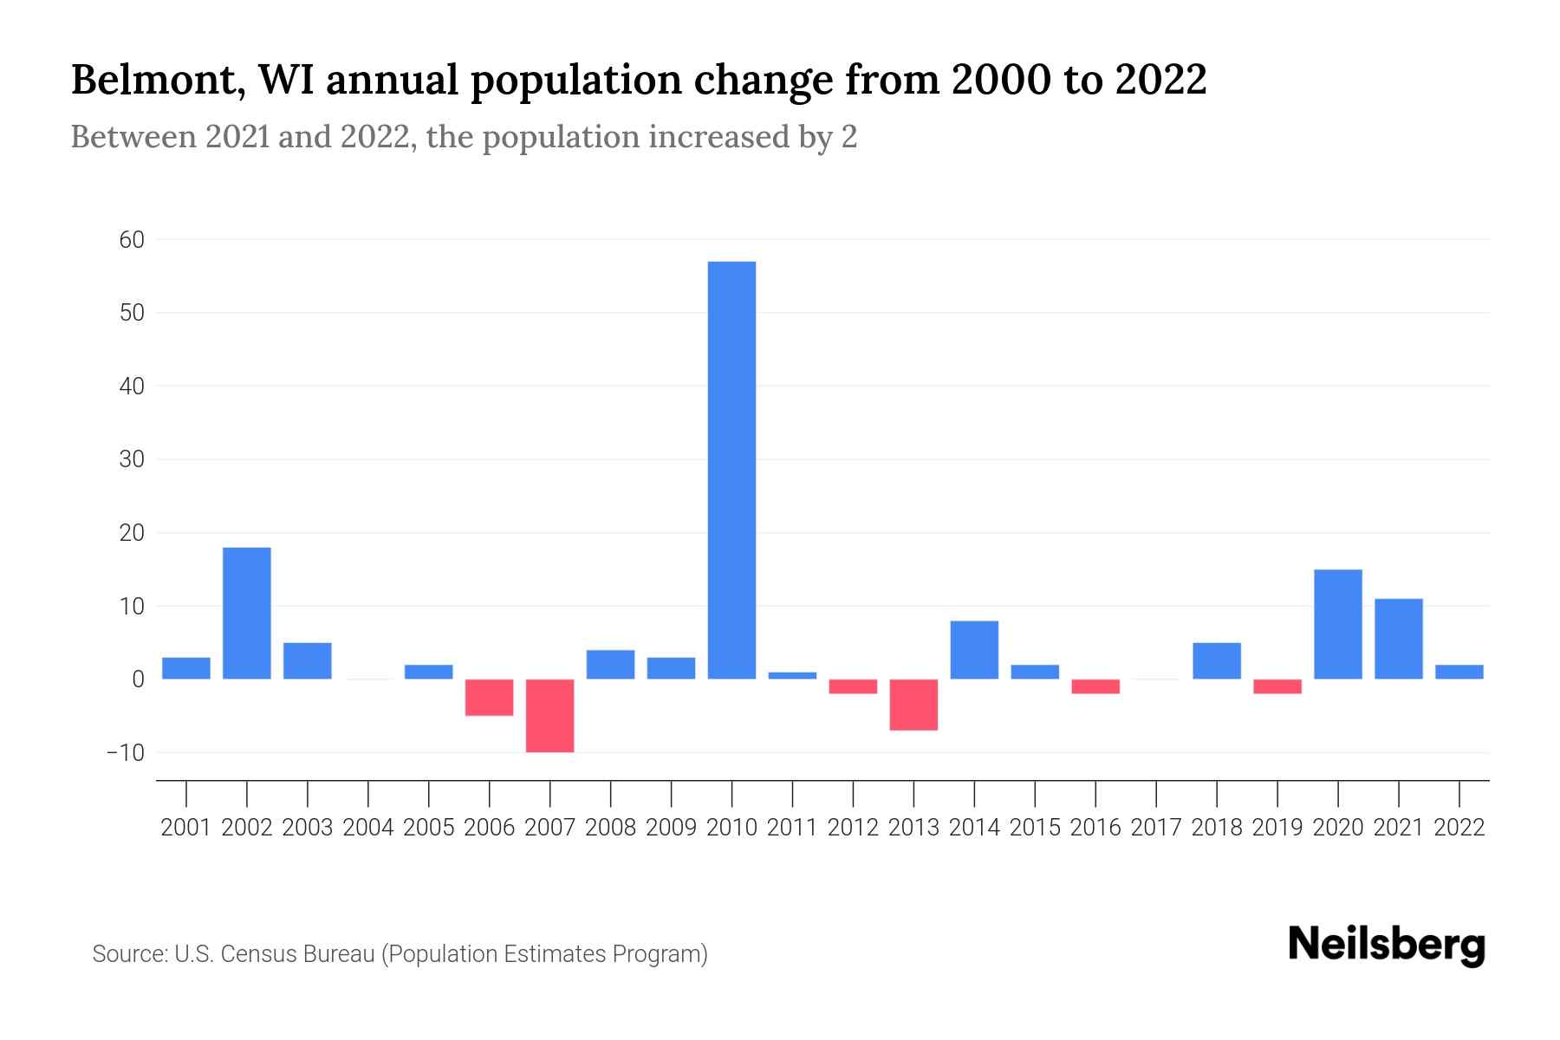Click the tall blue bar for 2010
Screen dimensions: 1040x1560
tap(731, 470)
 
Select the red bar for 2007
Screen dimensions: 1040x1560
tap(549, 716)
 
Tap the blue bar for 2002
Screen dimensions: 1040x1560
tap(247, 613)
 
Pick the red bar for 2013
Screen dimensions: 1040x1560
tap(913, 705)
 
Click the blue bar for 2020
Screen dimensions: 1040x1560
tap(1338, 624)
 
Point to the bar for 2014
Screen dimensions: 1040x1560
tap(974, 650)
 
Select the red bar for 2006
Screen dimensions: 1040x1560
tap(490, 698)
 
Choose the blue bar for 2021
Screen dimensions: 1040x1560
tap(1399, 639)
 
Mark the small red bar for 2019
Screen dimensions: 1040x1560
tap(1277, 686)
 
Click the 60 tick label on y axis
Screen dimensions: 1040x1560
tap(132, 239)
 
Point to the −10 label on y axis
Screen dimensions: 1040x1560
tap(126, 752)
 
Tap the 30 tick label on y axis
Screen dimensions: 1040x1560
tap(132, 459)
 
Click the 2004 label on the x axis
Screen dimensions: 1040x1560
tap(368, 828)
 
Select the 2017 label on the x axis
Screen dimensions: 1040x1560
tap(1156, 828)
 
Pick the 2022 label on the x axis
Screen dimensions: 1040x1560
tap(1459, 828)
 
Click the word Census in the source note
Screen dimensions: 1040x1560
tap(252, 954)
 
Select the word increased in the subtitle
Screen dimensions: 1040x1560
tap(728, 137)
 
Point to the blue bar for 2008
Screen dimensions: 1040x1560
tap(610, 665)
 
